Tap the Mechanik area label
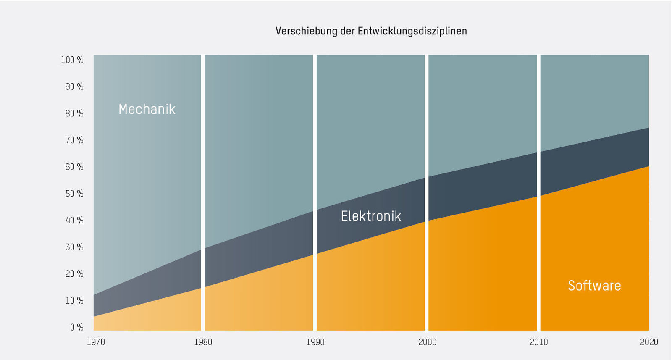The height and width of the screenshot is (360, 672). click(x=147, y=109)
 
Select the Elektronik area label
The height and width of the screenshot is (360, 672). click(x=371, y=216)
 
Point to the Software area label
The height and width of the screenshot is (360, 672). click(x=594, y=286)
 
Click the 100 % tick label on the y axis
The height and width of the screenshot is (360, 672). click(x=72, y=60)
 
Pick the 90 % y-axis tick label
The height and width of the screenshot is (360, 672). click(x=74, y=87)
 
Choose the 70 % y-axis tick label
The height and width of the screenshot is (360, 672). click(x=74, y=140)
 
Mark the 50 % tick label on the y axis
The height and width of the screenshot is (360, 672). click(x=74, y=194)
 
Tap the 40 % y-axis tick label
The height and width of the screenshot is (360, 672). click(x=74, y=220)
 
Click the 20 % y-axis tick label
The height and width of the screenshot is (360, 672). click(x=74, y=274)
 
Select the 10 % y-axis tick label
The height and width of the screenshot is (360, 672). click(x=74, y=300)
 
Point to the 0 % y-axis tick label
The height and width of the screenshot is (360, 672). click(x=76, y=327)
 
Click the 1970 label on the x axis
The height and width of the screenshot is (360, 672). click(x=96, y=342)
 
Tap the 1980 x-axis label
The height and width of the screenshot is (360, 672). click(x=203, y=342)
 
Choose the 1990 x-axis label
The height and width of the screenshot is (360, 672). click(x=315, y=342)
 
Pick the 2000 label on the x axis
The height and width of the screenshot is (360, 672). click(x=427, y=342)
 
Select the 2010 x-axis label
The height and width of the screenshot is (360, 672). click(x=538, y=342)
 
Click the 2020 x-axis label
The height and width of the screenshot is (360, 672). click(x=649, y=342)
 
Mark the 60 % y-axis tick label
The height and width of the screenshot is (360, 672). click(x=74, y=167)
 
